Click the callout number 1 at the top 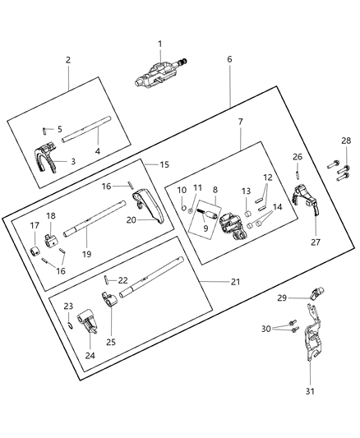[x=160, y=44]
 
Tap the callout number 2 [x=67, y=60]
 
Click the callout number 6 [x=229, y=59]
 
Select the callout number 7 [x=239, y=122]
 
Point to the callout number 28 [x=345, y=141]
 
